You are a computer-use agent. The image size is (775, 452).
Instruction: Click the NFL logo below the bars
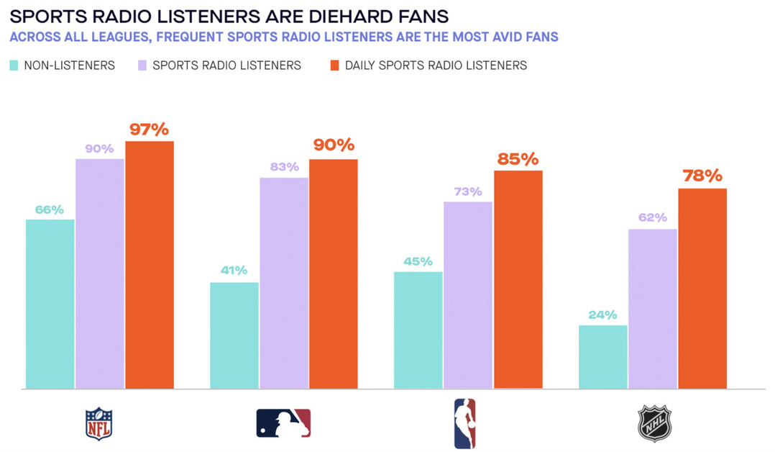(x=99, y=424)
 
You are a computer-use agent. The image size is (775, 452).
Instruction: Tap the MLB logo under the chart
(x=283, y=423)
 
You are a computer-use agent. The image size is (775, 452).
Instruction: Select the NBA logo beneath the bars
(x=464, y=423)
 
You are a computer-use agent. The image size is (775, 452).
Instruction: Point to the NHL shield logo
(x=654, y=423)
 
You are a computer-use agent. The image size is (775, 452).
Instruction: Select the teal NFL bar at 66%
(x=50, y=304)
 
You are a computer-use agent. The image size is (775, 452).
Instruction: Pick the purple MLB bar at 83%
(x=284, y=283)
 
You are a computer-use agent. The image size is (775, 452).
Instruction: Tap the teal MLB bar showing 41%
(x=234, y=335)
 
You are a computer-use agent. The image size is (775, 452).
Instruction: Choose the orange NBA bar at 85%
(x=518, y=279)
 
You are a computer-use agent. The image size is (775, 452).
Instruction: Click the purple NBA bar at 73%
(x=468, y=295)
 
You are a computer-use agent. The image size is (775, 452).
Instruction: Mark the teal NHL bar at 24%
(x=603, y=357)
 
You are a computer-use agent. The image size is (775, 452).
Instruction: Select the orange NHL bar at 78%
(x=702, y=289)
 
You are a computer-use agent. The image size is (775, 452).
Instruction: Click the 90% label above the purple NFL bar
(x=100, y=149)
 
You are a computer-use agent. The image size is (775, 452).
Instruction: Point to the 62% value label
(x=653, y=217)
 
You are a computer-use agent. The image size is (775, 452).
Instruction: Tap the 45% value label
(x=418, y=261)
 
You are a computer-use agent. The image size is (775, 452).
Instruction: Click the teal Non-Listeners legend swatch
(x=14, y=65)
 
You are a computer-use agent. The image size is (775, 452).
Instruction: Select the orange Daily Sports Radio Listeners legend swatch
(x=334, y=65)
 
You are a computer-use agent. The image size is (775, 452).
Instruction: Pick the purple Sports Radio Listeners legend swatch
(x=142, y=65)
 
